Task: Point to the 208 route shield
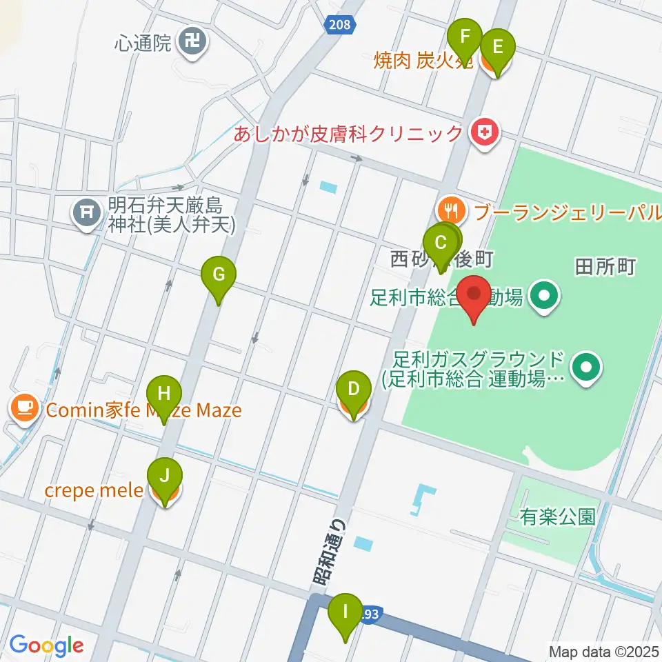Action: click(x=339, y=25)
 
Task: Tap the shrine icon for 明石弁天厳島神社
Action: click(x=86, y=214)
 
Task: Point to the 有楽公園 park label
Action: click(x=559, y=517)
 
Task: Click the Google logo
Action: click(x=46, y=645)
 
